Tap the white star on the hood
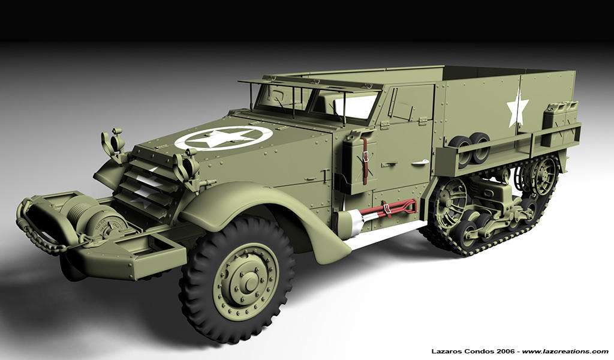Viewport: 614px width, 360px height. pos(223,138)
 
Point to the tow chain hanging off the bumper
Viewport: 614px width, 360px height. pos(36,231)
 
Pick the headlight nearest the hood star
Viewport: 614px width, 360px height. pos(186,166)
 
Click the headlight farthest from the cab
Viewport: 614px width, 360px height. pos(112,143)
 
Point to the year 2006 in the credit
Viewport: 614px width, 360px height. pos(507,351)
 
